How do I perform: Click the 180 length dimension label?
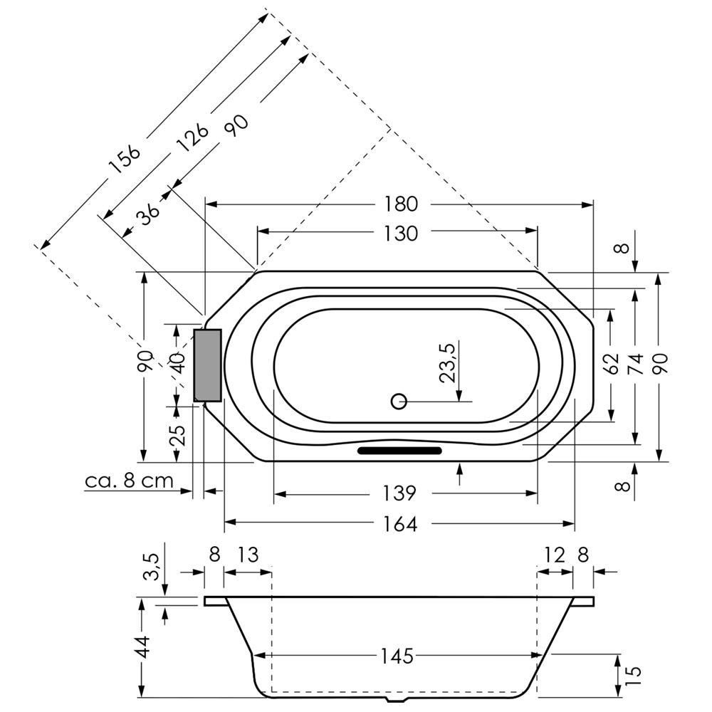tap(401, 204)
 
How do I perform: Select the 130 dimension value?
tap(401, 234)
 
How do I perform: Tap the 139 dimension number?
tap(399, 493)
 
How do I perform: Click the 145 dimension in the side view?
tap(397, 656)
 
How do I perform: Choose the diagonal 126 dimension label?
tap(192, 137)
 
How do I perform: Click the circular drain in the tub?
tap(399, 402)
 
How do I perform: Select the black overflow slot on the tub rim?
tap(399, 451)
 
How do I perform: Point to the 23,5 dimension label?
tap(447, 363)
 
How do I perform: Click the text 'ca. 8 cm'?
tap(130, 481)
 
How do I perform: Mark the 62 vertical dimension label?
tap(612, 363)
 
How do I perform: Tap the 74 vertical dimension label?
tap(637, 363)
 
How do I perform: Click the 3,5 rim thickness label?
tap(152, 567)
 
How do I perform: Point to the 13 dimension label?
tap(248, 555)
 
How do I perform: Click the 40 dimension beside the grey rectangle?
tap(179, 362)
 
